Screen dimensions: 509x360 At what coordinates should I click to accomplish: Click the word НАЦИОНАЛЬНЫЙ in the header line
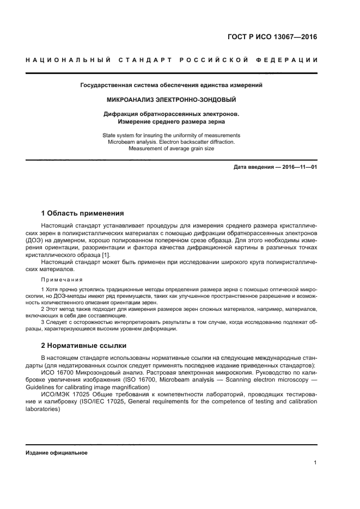pos(65,59)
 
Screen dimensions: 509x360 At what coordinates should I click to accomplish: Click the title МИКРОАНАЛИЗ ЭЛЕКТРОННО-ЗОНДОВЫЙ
pos(171,100)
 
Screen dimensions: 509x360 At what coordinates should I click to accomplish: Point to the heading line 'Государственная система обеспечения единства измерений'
pos(171,85)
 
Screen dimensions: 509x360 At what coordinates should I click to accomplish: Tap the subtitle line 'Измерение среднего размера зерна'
pos(171,122)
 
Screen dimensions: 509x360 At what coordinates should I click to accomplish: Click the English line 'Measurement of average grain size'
pos(171,148)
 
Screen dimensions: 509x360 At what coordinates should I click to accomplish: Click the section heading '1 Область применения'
pos(83,213)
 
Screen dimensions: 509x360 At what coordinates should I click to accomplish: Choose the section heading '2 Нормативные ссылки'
pos(84,345)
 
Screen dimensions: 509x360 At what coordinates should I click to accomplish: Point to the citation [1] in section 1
pos(106,255)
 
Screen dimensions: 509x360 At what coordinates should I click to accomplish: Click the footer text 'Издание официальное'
pos(56,452)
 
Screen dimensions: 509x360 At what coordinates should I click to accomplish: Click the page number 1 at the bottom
pos(315,463)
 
